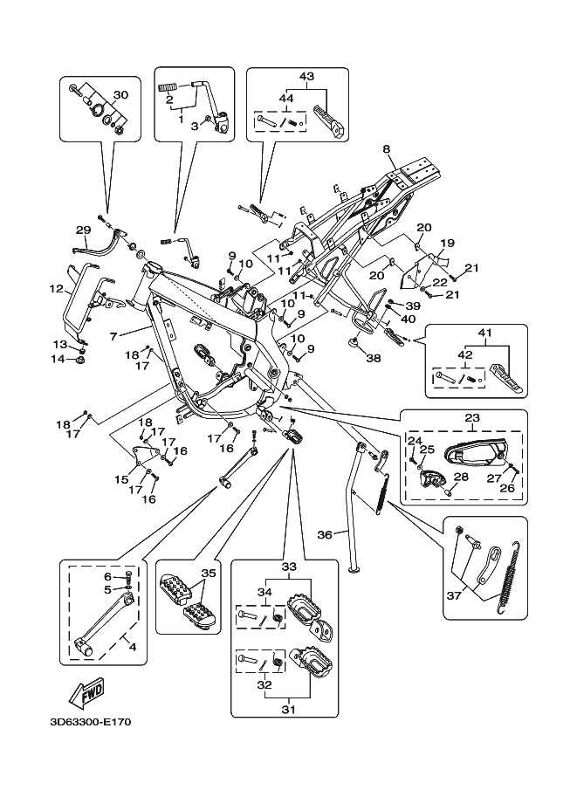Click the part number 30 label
120,95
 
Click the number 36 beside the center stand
325,534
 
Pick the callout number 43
306,77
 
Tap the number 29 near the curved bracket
83,230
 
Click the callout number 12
54,287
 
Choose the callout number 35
207,574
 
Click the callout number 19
448,243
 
